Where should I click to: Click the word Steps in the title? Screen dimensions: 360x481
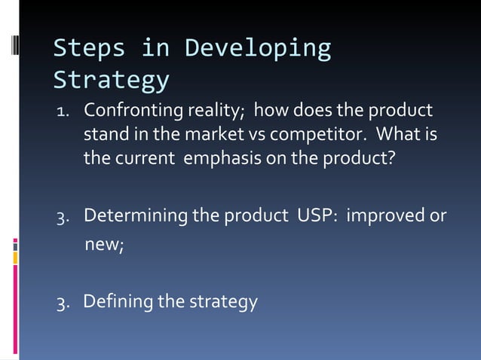[90, 48]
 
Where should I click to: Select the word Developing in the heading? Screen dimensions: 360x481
[258, 48]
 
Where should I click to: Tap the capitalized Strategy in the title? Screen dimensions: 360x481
[111, 80]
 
